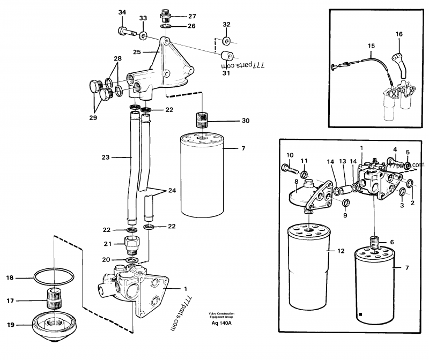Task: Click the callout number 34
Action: tap(122, 13)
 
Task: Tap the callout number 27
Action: tap(177, 16)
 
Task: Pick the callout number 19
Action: tap(10, 325)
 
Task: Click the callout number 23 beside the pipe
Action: tap(105, 157)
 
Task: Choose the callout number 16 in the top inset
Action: tap(398, 34)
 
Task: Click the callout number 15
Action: tap(371, 46)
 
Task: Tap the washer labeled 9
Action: tap(346, 202)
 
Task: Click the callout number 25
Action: tap(137, 52)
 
